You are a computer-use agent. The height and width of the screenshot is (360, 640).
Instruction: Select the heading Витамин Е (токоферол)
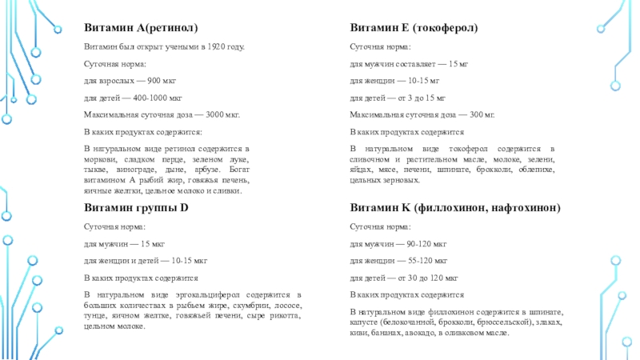point(414,27)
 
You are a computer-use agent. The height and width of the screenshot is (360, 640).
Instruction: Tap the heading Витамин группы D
point(136,207)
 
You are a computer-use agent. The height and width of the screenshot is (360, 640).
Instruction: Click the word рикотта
point(286,316)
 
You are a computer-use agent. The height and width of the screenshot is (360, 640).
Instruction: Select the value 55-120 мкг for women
point(433,260)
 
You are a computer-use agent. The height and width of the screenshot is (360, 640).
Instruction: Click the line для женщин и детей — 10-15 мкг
point(146,260)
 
